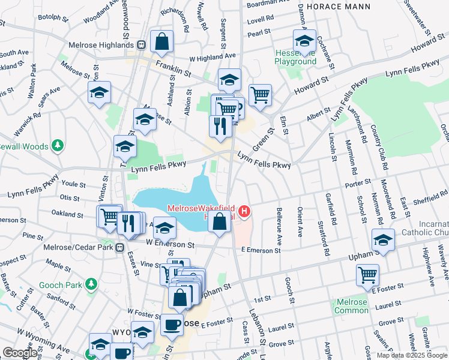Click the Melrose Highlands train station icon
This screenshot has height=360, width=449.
pyautogui.click(x=141, y=44)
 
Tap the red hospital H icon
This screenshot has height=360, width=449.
pyautogui.click(x=244, y=211)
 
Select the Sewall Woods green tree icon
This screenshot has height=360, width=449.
pyautogui.click(x=58, y=145)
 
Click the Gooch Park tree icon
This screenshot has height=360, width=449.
pyautogui.click(x=91, y=283)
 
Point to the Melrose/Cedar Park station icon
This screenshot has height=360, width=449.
pyautogui.click(x=121, y=247)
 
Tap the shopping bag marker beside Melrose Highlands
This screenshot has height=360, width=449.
pyautogui.click(x=162, y=42)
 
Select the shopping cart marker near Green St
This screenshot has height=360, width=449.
pyautogui.click(x=260, y=95)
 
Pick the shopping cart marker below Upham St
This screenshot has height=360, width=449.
pyautogui.click(x=368, y=275)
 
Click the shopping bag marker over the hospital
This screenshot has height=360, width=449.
pyautogui.click(x=220, y=221)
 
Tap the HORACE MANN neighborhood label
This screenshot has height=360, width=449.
pyautogui.click(x=333, y=6)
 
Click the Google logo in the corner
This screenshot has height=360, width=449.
pyautogui.click(x=20, y=353)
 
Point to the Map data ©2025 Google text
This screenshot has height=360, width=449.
pyautogui.click(x=411, y=355)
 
